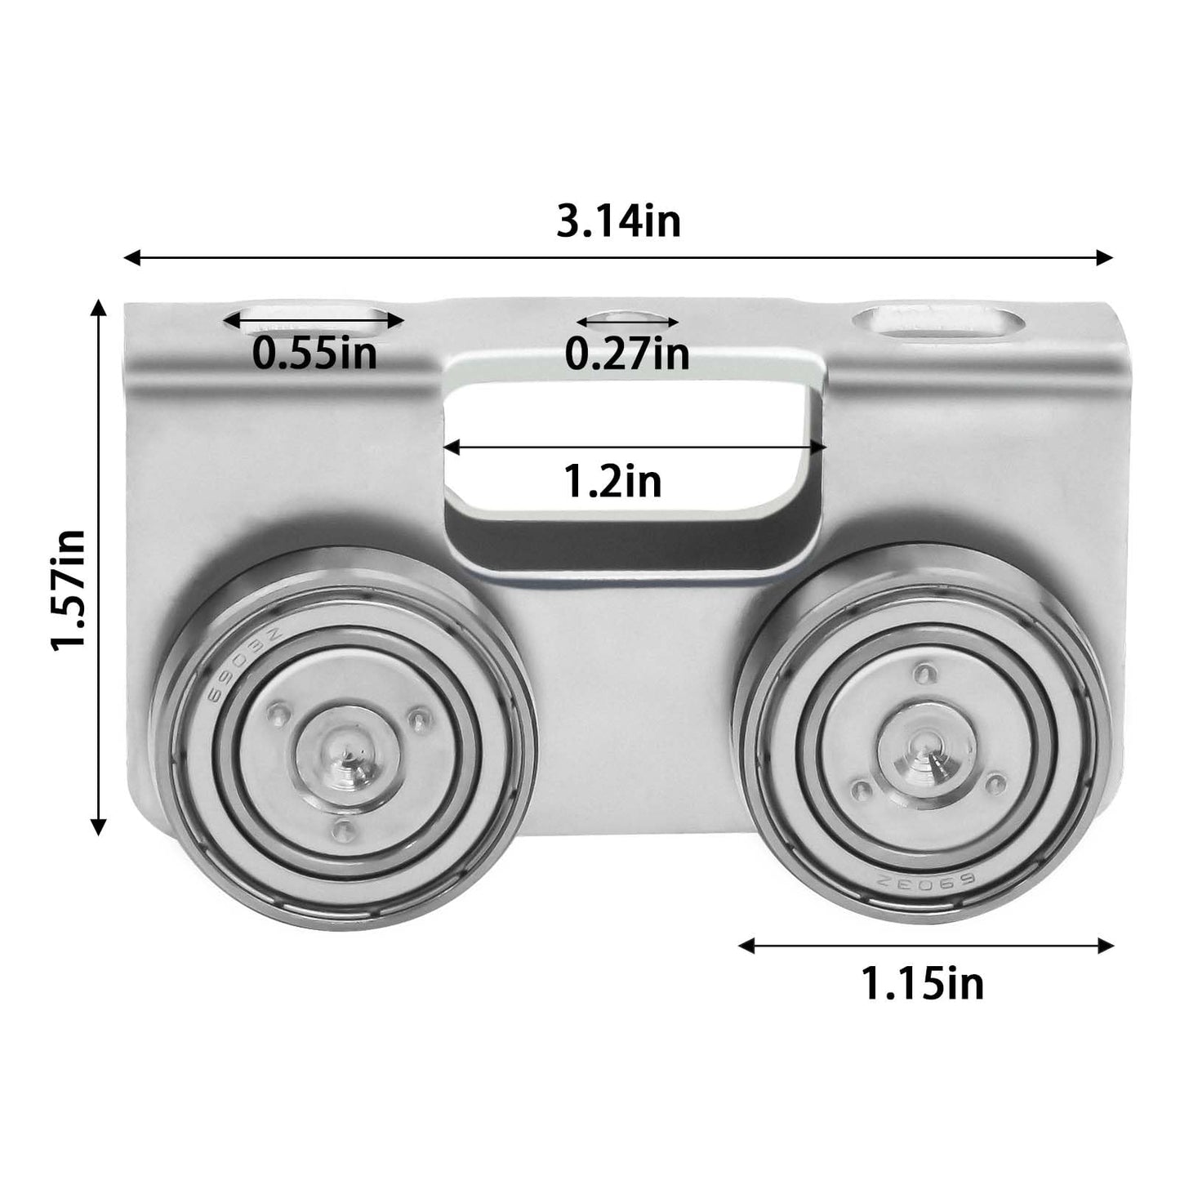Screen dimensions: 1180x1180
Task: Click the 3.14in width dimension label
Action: click(x=618, y=221)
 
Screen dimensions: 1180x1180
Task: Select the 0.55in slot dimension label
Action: click(x=314, y=353)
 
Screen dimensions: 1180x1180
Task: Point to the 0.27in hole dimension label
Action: click(x=627, y=354)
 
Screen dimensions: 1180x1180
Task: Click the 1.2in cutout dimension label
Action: click(x=613, y=482)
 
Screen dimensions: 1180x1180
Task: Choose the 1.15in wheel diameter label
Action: click(x=923, y=983)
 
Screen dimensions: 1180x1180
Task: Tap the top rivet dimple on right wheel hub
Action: click(x=923, y=675)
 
